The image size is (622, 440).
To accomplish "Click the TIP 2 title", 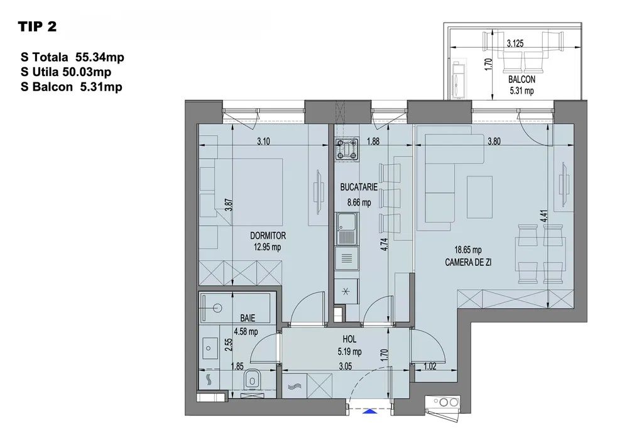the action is [37, 26].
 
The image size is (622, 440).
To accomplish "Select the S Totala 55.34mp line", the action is [72, 57].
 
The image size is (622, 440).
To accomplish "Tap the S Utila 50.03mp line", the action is [66, 72].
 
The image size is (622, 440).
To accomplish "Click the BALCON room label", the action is [521, 79].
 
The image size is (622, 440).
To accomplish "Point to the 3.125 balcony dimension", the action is [515, 43].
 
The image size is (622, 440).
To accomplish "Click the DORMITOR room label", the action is [268, 235].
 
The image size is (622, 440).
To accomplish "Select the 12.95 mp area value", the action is [268, 247].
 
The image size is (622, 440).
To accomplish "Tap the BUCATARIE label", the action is [359, 187].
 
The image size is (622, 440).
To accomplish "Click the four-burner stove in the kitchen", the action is [347, 150].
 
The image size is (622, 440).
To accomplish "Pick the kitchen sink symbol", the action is [347, 229].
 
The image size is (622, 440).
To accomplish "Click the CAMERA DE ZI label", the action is [468, 262].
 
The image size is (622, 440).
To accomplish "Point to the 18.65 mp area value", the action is [468, 250].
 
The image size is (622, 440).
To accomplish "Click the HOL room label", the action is [349, 339].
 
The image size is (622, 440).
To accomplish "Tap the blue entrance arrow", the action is [369, 412].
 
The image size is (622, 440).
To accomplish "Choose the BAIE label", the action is [248, 318].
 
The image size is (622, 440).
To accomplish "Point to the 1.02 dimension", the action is [430, 366].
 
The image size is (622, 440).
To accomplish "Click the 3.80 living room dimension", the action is [494, 141].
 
